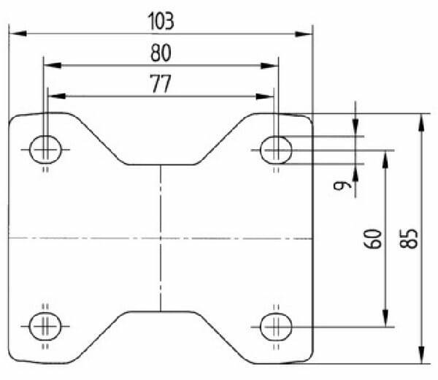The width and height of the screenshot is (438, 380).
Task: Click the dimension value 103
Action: pos(161,21)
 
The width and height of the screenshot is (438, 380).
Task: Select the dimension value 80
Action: pos(161,53)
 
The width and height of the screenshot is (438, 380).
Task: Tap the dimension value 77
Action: pos(161,83)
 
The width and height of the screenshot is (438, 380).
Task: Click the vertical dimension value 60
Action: pos(372,239)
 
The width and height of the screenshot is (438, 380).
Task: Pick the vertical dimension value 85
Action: pos(409,239)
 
